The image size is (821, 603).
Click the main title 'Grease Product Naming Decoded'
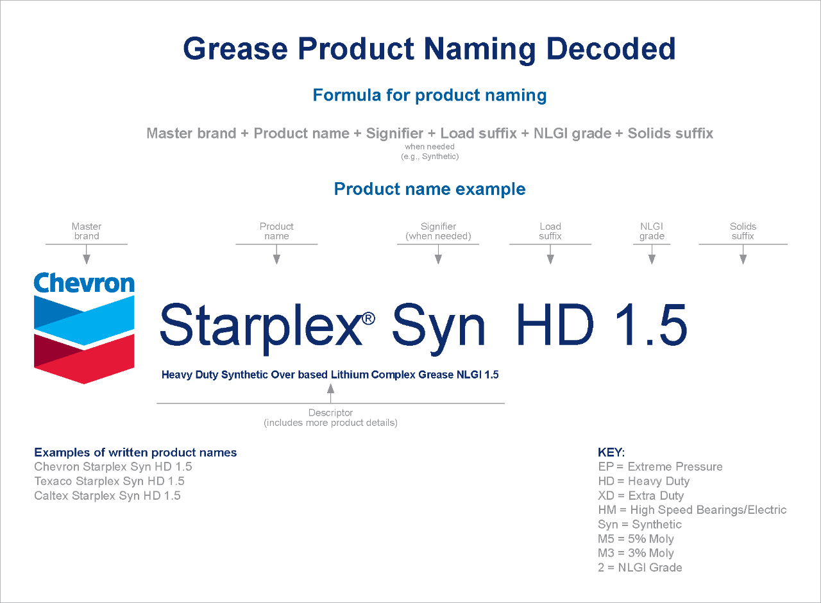point(429,49)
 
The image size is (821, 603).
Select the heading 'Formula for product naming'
point(429,96)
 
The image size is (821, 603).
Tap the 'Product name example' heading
point(429,189)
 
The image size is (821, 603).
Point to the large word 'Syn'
point(438,324)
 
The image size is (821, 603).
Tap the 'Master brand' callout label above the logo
point(87,231)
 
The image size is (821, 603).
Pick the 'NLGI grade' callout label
point(652,231)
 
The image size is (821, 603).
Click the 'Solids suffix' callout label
point(743,231)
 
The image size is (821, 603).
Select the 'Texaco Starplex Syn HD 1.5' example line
point(110,481)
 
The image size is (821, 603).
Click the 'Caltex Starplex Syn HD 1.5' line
point(108,496)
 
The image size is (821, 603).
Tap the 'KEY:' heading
point(611,452)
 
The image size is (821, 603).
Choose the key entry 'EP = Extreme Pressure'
point(660,467)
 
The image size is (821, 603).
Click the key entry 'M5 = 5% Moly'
point(636,539)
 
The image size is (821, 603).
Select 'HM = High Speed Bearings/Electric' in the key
point(692,510)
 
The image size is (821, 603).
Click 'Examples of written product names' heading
point(135,452)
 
